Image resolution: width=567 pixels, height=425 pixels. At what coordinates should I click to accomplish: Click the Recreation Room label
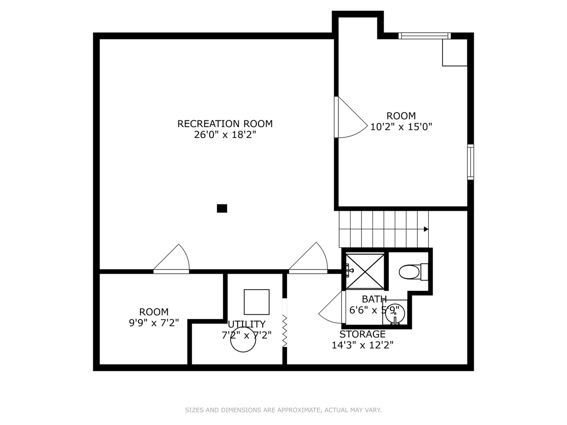click(225, 124)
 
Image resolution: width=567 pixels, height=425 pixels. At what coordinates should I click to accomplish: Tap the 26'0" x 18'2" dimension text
click(225, 135)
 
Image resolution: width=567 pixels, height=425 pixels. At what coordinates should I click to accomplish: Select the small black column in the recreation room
click(222, 208)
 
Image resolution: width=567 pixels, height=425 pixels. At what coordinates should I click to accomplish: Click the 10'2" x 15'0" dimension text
click(401, 127)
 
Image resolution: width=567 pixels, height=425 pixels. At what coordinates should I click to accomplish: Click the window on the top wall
click(424, 36)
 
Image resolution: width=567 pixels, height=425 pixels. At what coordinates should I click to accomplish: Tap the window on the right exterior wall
click(471, 162)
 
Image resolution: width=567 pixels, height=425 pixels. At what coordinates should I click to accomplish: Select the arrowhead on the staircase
click(426, 229)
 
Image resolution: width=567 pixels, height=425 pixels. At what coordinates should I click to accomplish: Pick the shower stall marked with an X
click(365, 271)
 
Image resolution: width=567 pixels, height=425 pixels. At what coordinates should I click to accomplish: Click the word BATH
click(374, 299)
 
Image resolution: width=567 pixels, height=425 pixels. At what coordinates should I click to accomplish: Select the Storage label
click(362, 334)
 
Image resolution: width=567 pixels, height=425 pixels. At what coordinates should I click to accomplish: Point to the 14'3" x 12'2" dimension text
click(362, 345)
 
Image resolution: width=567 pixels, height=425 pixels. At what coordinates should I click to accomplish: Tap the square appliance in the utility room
click(257, 302)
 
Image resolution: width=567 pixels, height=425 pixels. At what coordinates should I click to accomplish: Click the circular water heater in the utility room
click(243, 340)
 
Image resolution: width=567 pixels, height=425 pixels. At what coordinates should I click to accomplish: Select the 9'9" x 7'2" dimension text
click(154, 323)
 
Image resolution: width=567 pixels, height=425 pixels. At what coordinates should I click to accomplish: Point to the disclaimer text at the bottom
click(283, 410)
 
